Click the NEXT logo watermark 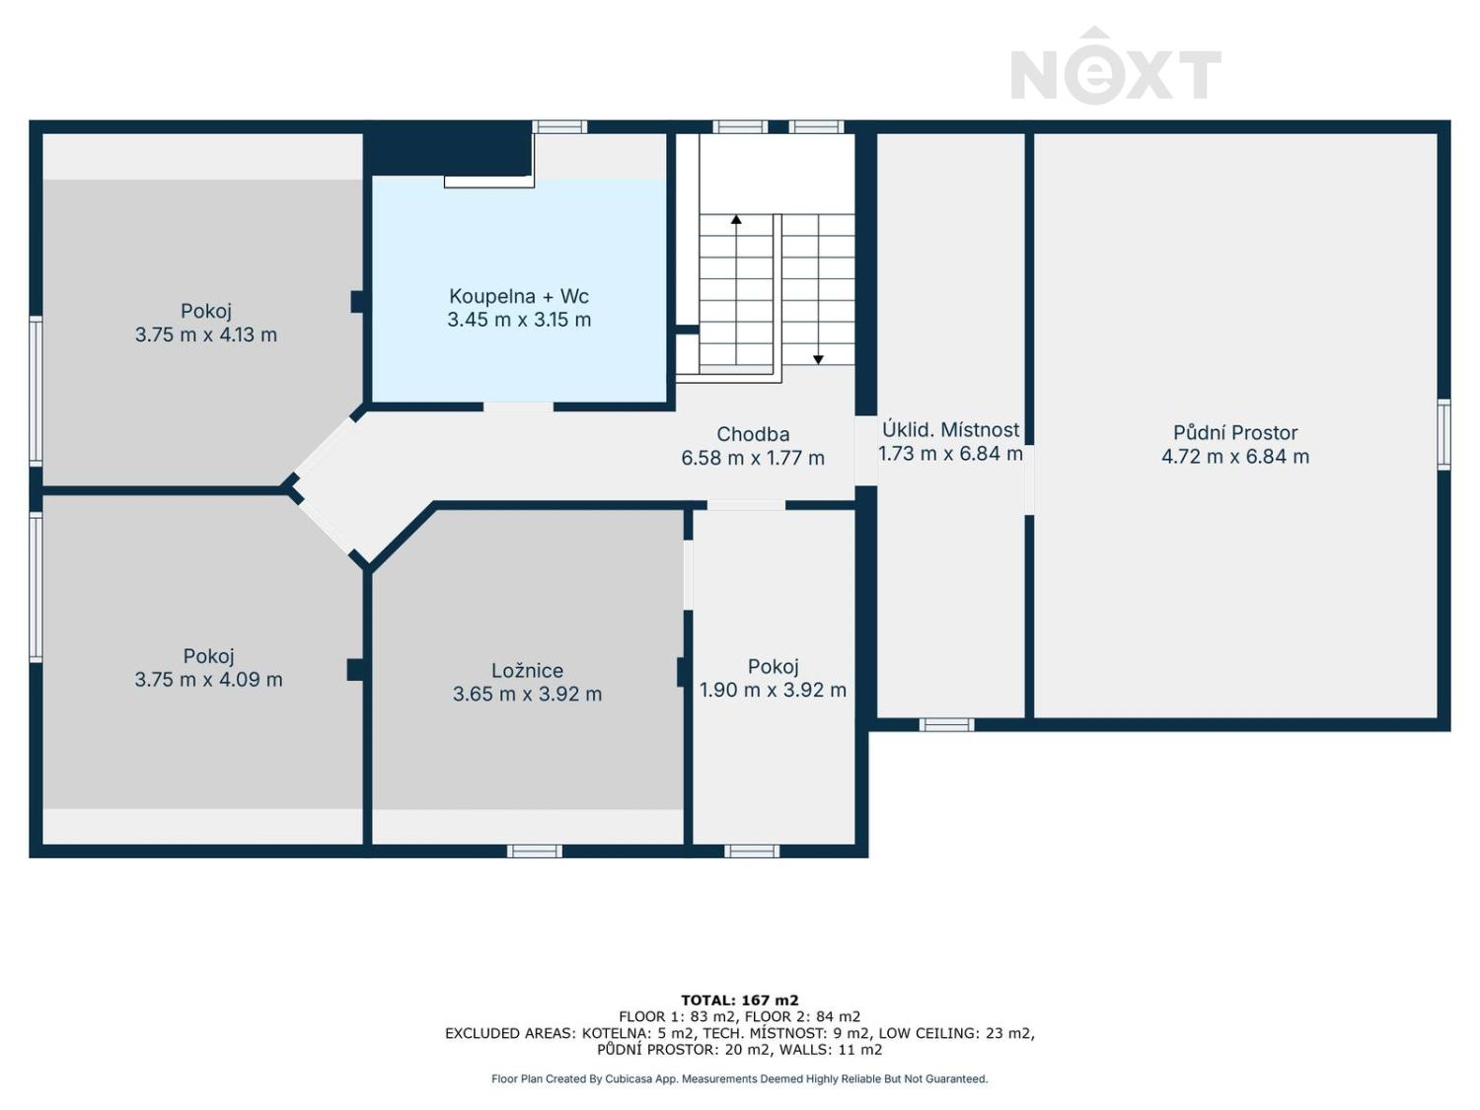1115,66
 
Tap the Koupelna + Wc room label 519,297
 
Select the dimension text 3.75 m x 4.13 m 205,334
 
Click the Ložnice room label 527,670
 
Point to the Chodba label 753,434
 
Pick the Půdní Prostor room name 1234,433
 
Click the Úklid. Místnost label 951,429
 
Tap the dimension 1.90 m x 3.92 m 773,690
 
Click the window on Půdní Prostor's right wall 1443,434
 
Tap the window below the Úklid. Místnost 946,724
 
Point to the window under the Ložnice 534,851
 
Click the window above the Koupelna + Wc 559,126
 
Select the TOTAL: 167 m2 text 740,1000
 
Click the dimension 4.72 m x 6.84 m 1234,456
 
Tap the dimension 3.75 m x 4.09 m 208,680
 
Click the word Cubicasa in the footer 628,1079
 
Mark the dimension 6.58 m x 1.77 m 753,458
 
